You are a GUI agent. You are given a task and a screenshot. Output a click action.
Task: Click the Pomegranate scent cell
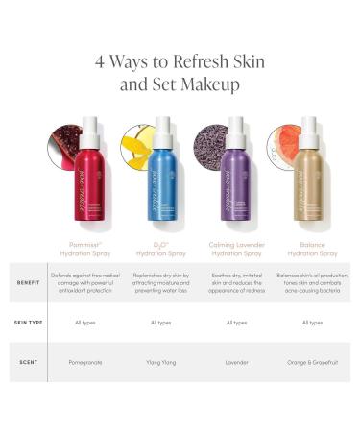pos(87,363)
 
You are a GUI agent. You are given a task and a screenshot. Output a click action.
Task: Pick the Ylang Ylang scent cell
pos(161,363)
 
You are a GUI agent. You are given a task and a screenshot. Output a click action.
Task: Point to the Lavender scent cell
pos(235,363)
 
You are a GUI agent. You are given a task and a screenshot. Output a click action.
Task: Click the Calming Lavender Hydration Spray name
pos(235,250)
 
